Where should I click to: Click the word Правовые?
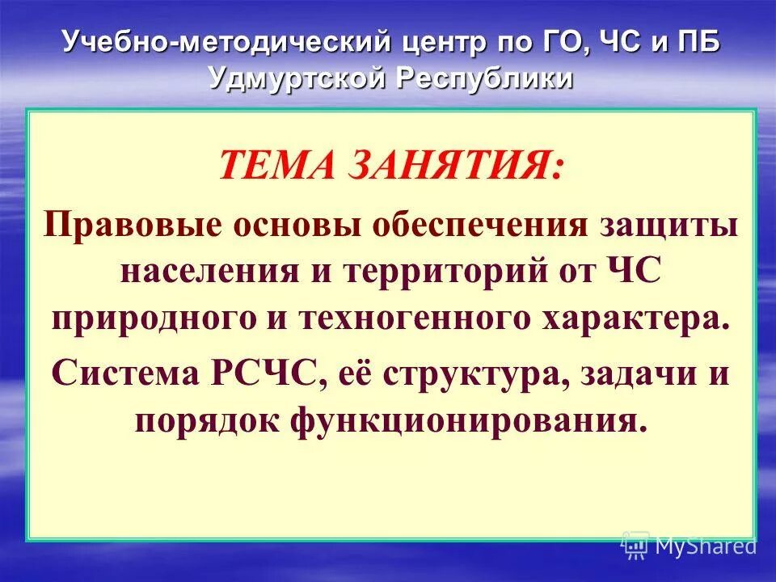(134, 226)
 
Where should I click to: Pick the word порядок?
(214, 420)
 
